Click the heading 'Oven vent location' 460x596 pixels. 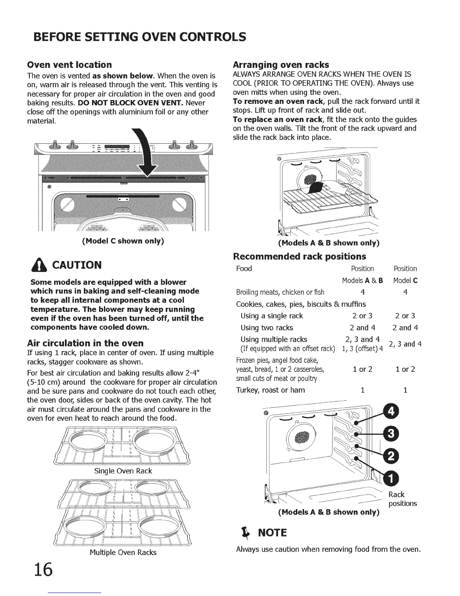(70, 64)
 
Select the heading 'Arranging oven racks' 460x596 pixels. (281, 64)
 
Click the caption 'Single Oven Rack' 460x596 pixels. (123, 471)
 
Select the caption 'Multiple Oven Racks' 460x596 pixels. (123, 552)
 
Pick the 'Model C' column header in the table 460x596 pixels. (405, 280)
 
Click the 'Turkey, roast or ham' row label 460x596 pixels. (270, 390)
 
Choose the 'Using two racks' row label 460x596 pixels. (266, 327)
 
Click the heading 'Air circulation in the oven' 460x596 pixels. (86, 343)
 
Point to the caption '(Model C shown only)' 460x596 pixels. (123, 241)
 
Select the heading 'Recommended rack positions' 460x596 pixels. (300, 257)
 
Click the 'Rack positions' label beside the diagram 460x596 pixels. (402, 499)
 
